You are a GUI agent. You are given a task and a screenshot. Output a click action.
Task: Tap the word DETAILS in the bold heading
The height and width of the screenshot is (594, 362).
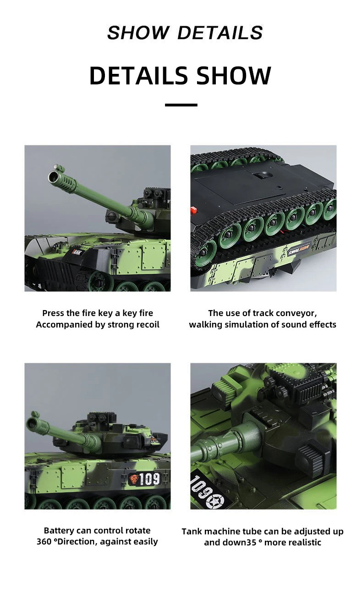[138, 76]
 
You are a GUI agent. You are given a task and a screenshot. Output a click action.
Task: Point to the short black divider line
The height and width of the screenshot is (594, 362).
[181, 105]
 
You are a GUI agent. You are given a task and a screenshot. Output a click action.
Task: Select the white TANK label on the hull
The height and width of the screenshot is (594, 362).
[77, 251]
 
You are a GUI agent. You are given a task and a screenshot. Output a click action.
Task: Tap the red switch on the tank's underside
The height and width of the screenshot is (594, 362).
[193, 210]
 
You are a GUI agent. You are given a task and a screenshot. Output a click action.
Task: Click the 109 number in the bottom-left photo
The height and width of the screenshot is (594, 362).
[149, 479]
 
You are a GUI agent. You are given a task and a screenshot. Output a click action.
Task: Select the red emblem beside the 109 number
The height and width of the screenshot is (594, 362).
[134, 479]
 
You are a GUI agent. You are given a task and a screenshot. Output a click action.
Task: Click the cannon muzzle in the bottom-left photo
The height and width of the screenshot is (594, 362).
[33, 420]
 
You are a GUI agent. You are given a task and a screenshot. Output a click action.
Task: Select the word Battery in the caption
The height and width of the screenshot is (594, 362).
[59, 531]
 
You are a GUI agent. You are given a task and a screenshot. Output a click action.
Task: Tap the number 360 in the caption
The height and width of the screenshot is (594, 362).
[44, 542]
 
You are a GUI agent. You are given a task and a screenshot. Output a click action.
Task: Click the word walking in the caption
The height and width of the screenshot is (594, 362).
[204, 325]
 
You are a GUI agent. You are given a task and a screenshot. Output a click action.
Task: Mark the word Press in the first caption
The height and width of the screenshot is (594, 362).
[53, 313]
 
